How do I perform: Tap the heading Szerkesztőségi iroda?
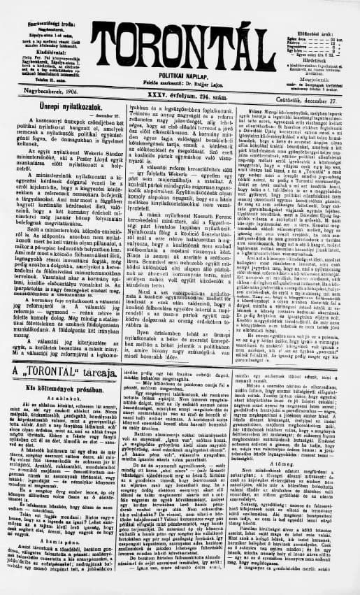pyautogui.click(x=36, y=6)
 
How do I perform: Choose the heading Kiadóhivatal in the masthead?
pyautogui.click(x=36, y=32)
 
